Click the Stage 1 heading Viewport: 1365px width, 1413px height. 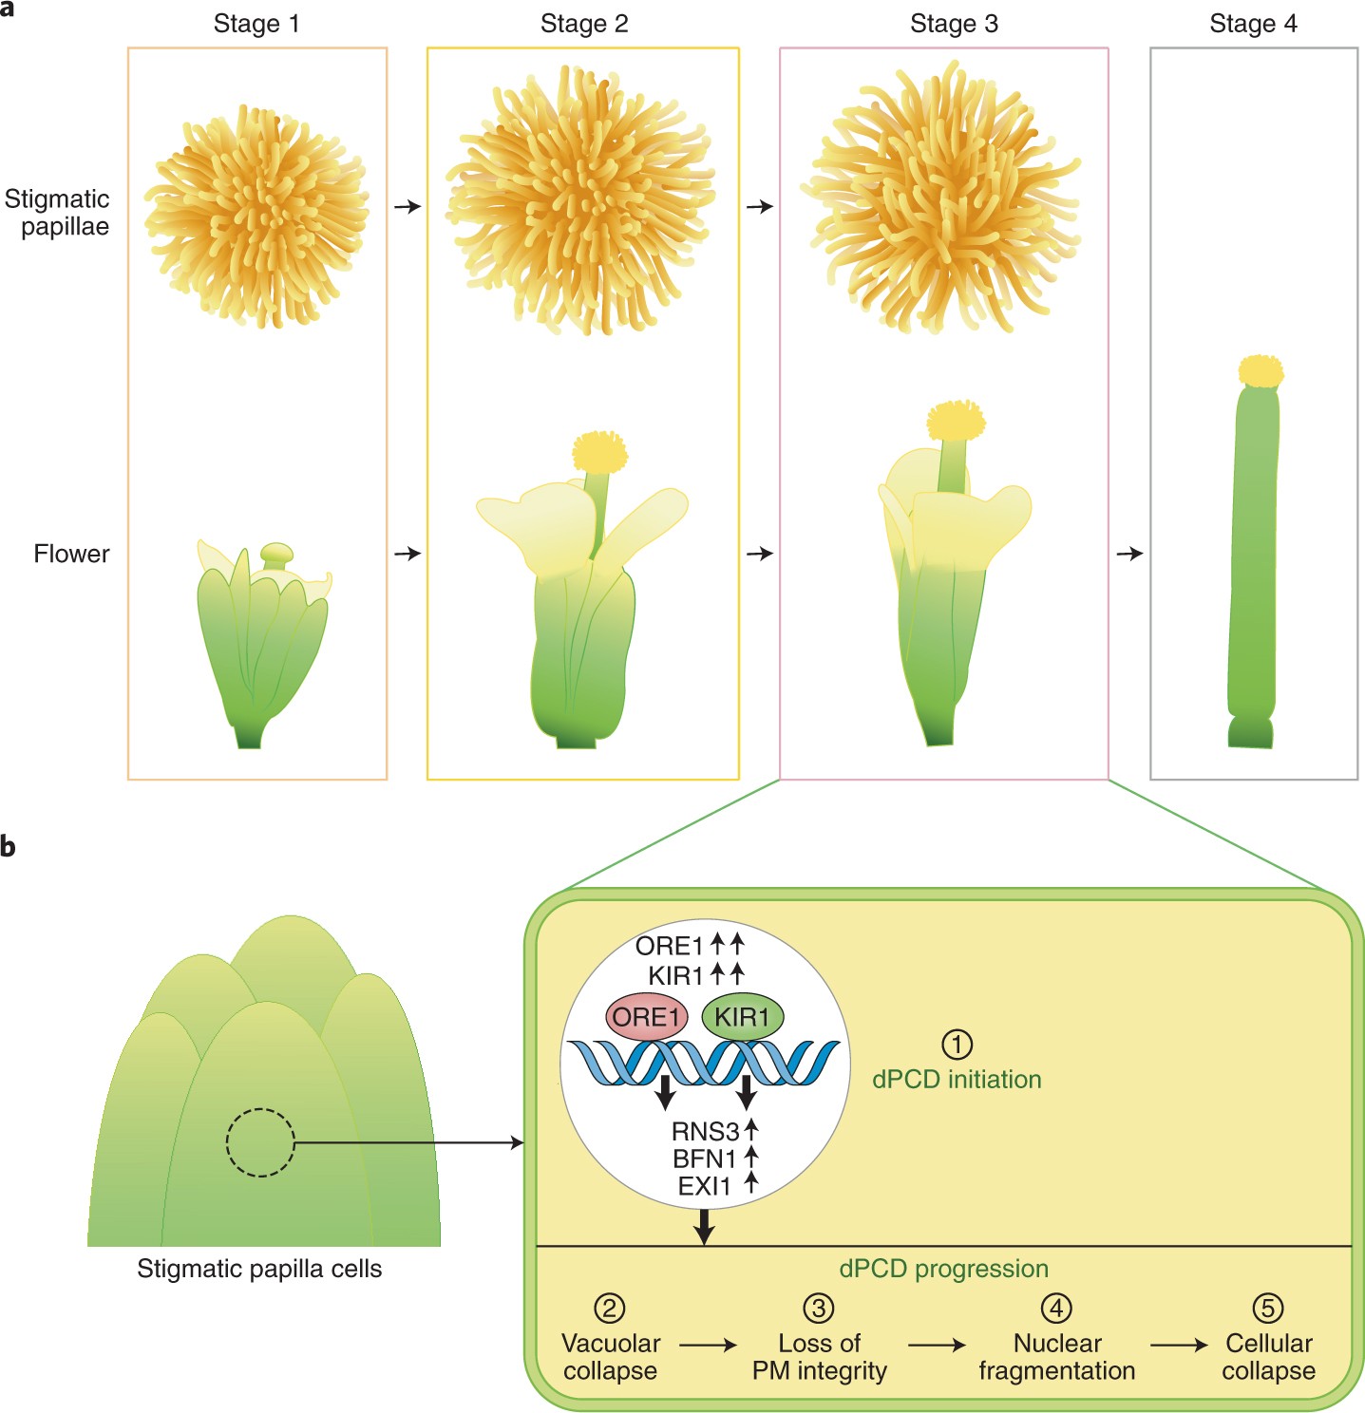(x=256, y=24)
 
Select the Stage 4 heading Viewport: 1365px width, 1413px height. (x=1253, y=24)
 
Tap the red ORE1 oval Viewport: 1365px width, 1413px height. (x=647, y=1017)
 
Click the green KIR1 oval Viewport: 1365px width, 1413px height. (x=742, y=1017)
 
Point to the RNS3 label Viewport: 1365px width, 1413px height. (x=705, y=1131)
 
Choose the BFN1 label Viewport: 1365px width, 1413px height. (x=705, y=1159)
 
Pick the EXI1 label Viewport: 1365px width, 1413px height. (x=705, y=1185)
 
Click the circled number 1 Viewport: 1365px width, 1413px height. (x=957, y=1045)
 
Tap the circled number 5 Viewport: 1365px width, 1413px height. (x=1267, y=1308)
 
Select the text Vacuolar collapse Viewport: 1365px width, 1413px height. (x=610, y=1357)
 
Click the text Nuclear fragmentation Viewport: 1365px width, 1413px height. (x=1056, y=1357)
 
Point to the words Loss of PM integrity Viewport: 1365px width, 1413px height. (x=819, y=1357)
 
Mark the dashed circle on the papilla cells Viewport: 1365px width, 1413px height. (x=260, y=1142)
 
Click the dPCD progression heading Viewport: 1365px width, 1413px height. (x=943, y=1269)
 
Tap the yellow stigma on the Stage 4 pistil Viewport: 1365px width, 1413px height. (x=1261, y=371)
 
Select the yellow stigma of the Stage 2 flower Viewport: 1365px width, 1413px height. (x=600, y=452)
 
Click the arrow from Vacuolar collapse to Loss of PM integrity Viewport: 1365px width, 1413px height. (x=708, y=1345)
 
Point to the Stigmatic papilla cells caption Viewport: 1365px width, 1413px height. (x=259, y=1269)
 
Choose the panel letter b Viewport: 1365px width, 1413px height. (x=9, y=845)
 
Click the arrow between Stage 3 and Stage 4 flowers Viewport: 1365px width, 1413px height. (x=1129, y=553)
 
